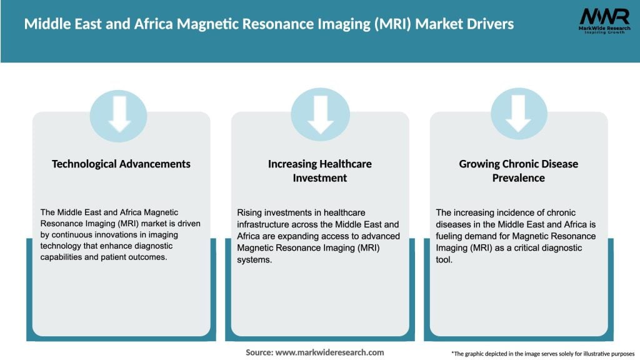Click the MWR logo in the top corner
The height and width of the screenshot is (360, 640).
point(604,20)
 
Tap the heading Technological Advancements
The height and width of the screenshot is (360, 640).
point(121,164)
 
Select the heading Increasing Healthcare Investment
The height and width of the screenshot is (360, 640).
point(320,171)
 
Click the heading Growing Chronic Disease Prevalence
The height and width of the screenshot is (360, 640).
point(519,171)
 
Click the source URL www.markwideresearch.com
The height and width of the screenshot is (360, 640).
point(330,352)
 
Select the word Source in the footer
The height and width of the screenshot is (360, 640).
point(259,352)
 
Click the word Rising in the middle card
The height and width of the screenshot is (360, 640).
point(249,213)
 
